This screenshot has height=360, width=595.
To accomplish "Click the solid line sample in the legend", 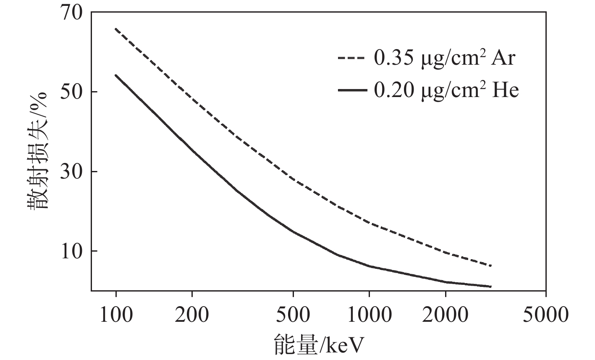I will [x=353, y=90].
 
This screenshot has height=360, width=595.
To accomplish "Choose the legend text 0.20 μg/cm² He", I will [x=446, y=90].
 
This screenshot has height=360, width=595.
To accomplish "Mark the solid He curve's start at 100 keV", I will [x=116, y=76].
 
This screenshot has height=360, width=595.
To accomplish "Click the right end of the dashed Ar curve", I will [x=491, y=265].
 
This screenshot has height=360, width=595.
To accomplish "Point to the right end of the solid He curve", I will [x=491, y=286].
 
